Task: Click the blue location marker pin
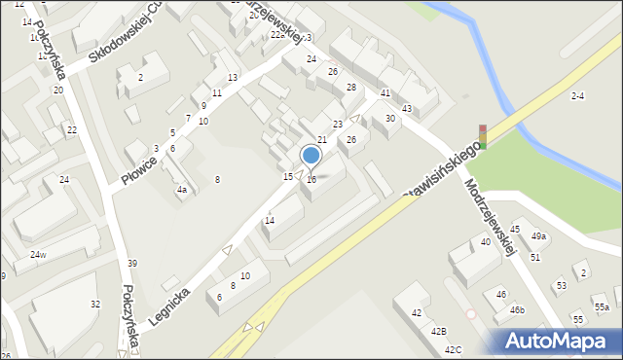click(311, 156)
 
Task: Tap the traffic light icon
click(482, 136)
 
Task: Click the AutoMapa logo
click(560, 341)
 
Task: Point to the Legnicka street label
click(167, 305)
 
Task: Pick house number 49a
click(538, 236)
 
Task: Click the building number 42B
click(439, 332)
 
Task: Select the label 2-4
click(578, 95)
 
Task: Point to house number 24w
click(38, 255)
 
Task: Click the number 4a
click(181, 190)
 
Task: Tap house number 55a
click(603, 307)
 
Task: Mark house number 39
click(132, 264)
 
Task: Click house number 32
click(95, 305)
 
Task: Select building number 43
click(407, 108)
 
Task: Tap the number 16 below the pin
click(311, 180)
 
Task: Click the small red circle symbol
click(471, 313)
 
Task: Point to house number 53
click(561, 286)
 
